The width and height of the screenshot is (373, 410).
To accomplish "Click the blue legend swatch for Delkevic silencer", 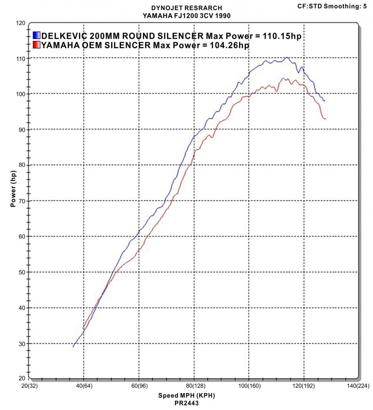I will [x=37, y=36].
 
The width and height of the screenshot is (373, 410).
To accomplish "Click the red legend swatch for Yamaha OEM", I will [x=37, y=45].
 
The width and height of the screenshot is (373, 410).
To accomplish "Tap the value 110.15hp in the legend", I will [x=279, y=36].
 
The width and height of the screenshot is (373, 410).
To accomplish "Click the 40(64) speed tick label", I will [x=84, y=386].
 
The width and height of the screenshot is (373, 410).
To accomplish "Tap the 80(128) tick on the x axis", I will [x=194, y=386].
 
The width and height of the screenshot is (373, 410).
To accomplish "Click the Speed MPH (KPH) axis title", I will [x=187, y=395].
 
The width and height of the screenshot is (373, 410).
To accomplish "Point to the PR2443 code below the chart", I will [x=186, y=403].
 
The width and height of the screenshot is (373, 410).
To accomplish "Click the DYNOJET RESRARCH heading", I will [x=186, y=8].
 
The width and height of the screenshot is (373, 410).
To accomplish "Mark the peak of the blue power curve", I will [x=287, y=58].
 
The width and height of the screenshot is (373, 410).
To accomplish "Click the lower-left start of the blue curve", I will [x=73, y=347].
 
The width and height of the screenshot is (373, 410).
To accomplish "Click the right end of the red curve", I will [x=325, y=118].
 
